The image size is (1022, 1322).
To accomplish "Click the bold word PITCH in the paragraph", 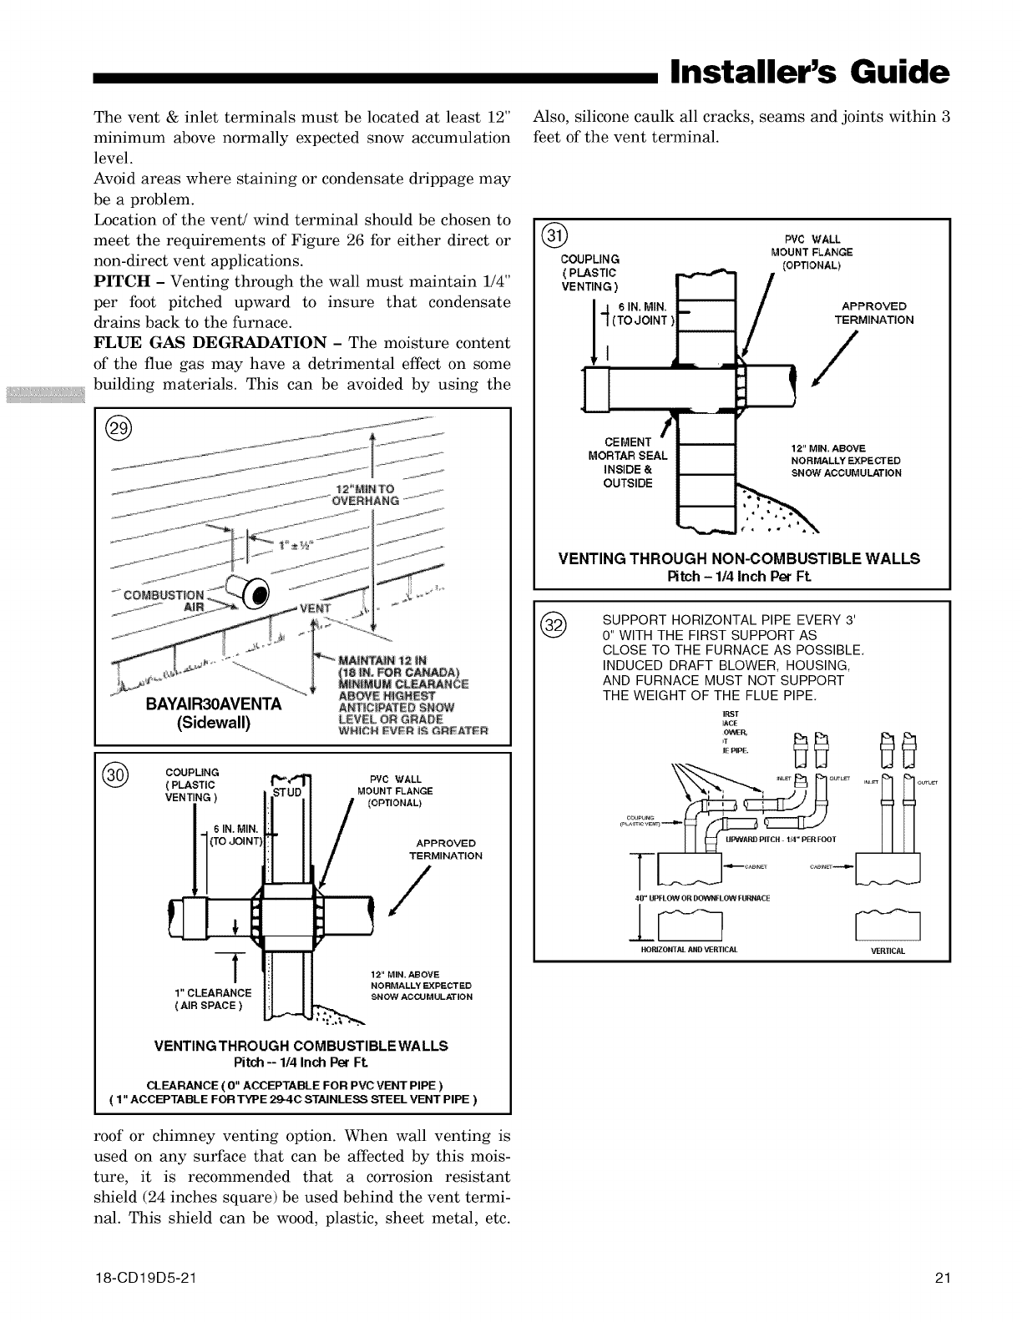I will pyautogui.click(x=123, y=282).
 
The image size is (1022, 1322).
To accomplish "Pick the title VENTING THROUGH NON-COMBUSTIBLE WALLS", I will pyautogui.click(x=739, y=558).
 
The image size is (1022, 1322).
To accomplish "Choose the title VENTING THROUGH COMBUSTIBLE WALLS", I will pyautogui.click(x=301, y=1046).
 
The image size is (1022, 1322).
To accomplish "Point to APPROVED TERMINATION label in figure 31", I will pyautogui.click(x=874, y=313).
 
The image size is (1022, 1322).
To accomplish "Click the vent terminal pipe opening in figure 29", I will pyautogui.click(x=257, y=594).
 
